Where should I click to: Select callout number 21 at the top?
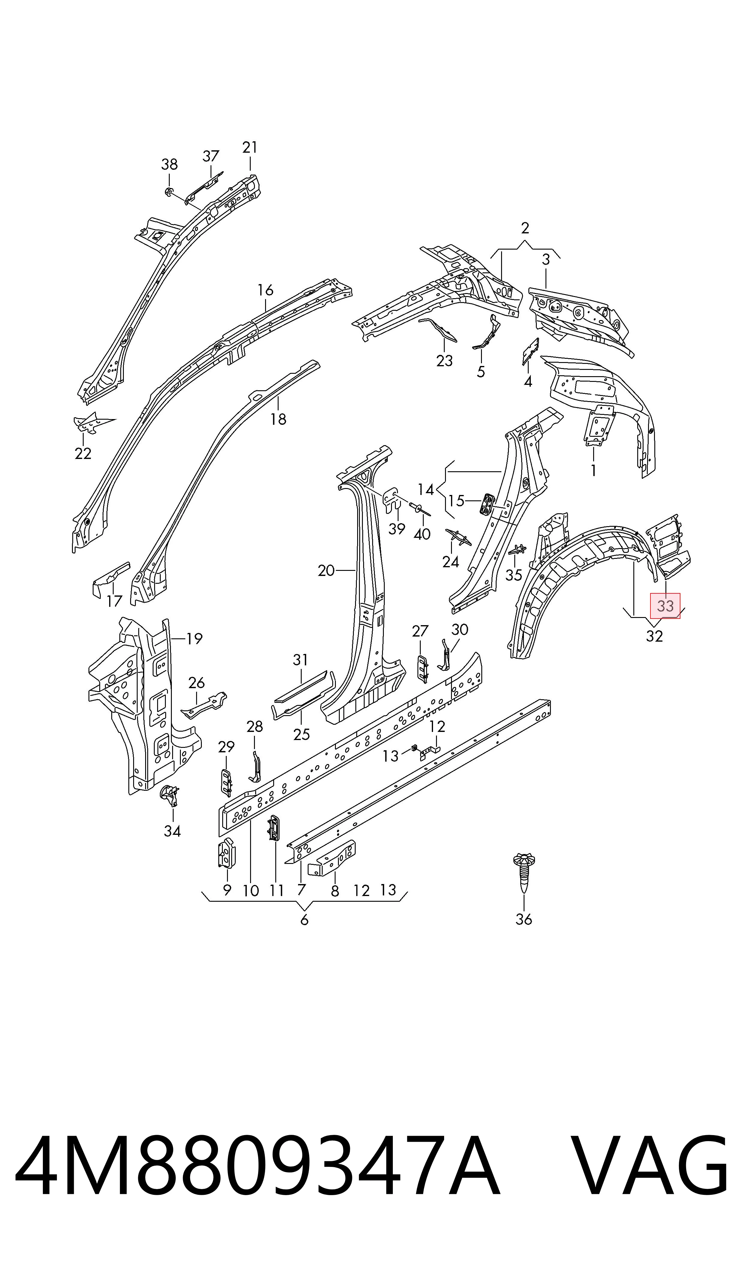pyautogui.click(x=250, y=148)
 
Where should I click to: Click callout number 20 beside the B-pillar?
pyautogui.click(x=326, y=570)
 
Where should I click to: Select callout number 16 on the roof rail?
pyautogui.click(x=265, y=290)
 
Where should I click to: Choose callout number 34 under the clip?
pyautogui.click(x=172, y=831)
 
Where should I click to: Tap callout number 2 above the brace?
pyautogui.click(x=525, y=229)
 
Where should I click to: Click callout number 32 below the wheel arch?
pyautogui.click(x=654, y=636)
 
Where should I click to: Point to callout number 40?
pyautogui.click(x=422, y=534)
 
